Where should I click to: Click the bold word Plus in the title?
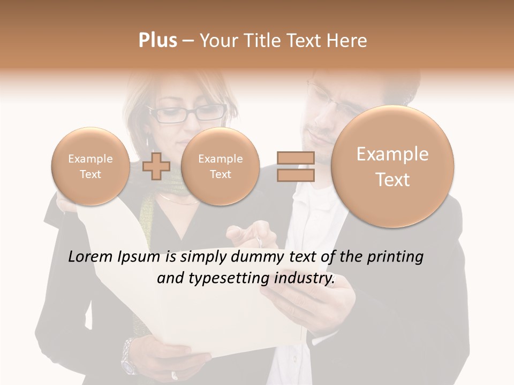(158, 41)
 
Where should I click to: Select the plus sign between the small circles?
(156, 166)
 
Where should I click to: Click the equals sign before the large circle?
(295, 166)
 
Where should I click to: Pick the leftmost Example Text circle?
(90, 166)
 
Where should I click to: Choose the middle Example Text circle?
(220, 166)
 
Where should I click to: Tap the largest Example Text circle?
(392, 166)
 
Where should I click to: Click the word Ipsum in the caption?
(140, 257)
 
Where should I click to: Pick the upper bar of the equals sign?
(295, 158)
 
